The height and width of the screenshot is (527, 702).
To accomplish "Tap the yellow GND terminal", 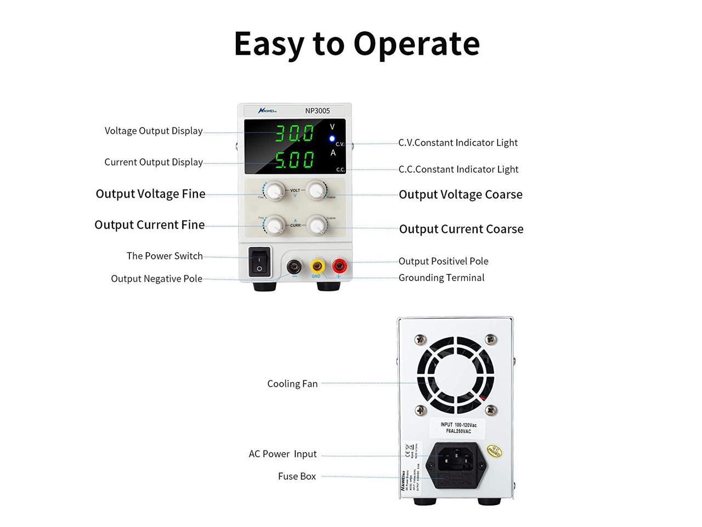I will (x=316, y=266).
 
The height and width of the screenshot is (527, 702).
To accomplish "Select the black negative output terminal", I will (x=294, y=267).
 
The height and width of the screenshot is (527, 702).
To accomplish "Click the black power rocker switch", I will (x=259, y=261).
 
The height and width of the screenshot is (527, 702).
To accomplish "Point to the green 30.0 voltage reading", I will (x=295, y=133).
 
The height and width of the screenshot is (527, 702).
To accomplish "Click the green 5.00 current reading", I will (x=295, y=160).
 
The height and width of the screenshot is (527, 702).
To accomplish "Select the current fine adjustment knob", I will (x=274, y=225).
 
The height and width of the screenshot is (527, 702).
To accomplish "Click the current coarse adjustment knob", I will (x=315, y=225).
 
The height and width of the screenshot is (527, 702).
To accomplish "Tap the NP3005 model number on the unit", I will (x=318, y=111).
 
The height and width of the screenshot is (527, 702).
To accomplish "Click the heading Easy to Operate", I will (x=356, y=43).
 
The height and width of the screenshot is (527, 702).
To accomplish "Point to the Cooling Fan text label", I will (x=292, y=384).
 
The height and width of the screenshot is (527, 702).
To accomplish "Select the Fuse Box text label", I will (x=297, y=476).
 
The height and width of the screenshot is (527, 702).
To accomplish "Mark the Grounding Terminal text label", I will (x=441, y=278).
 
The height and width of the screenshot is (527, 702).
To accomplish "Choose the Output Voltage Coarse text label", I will (x=460, y=194).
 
